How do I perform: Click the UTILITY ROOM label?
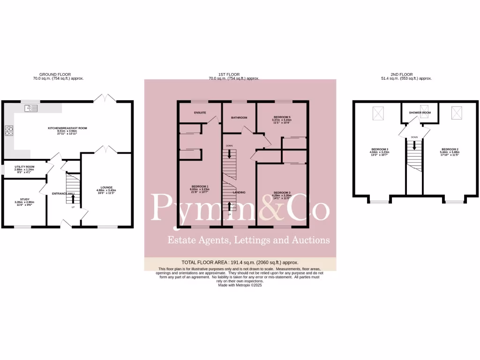pyautogui.click(x=24, y=167)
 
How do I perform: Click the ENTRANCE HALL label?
pyautogui.click(x=63, y=193)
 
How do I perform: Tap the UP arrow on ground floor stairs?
pyautogui.click(x=73, y=199)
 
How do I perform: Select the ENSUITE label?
pyautogui.click(x=200, y=113)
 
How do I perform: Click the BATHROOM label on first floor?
pyautogui.click(x=239, y=118)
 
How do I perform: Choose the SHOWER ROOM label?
pyautogui.click(x=420, y=113)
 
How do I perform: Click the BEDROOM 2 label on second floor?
pyautogui.click(x=449, y=149)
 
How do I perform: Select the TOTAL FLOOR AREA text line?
pyautogui.click(x=240, y=262)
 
